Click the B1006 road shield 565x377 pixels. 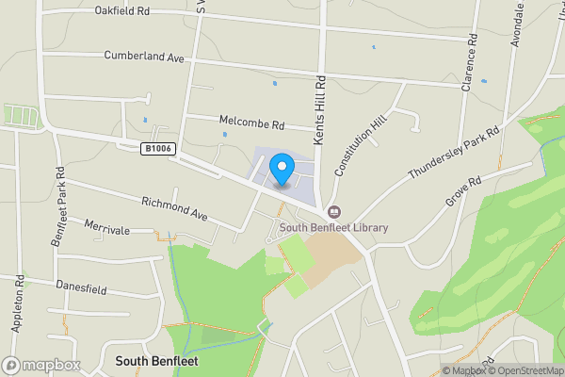tap(157, 149)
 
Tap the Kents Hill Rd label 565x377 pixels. tap(319, 111)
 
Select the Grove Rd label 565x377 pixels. tap(463, 191)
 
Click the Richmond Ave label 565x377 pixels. tap(174, 208)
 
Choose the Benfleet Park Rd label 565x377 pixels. tap(58, 204)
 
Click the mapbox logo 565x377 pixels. tap(40, 365)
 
